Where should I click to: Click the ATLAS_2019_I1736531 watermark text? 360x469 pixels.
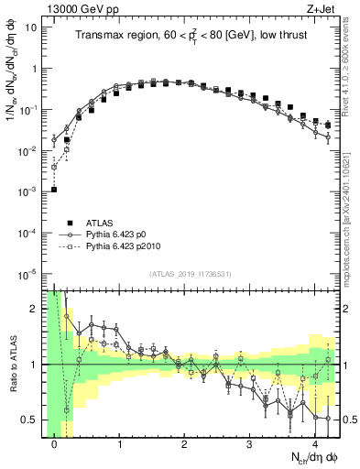tap(189, 274)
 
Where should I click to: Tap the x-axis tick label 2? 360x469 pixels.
tap(185, 443)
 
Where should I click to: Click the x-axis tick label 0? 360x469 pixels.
tap(55, 443)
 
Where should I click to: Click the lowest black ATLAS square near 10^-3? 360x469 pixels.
tap(54, 190)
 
